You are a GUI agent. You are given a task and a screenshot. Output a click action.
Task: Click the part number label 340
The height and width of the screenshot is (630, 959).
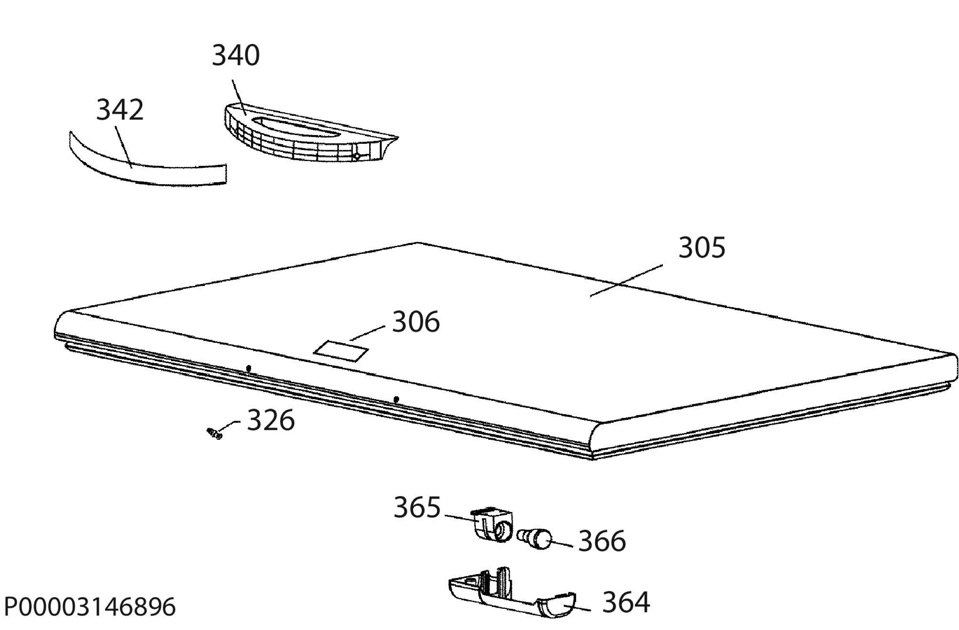236,55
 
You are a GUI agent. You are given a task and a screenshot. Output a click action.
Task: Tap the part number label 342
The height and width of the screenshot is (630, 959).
119,109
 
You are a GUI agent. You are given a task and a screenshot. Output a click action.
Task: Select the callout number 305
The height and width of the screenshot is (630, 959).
702,247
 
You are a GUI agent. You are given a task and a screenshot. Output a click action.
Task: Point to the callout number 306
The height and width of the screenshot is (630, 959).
416,322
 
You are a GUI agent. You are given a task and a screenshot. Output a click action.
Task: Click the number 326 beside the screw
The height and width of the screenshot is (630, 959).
271,420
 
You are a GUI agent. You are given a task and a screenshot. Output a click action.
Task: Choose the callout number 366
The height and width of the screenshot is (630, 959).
602,541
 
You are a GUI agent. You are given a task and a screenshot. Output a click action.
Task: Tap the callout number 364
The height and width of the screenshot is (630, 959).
626,602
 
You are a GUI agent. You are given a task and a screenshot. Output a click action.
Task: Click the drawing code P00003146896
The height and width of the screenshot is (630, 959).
90,607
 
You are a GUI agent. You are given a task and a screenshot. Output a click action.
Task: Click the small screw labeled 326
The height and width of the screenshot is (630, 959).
214,434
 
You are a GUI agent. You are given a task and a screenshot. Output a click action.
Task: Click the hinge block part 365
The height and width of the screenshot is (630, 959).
492,525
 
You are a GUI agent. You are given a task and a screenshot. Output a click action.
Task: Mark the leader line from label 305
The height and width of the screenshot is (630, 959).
627,280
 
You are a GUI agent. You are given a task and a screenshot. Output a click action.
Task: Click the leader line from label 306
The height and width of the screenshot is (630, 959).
368,333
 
